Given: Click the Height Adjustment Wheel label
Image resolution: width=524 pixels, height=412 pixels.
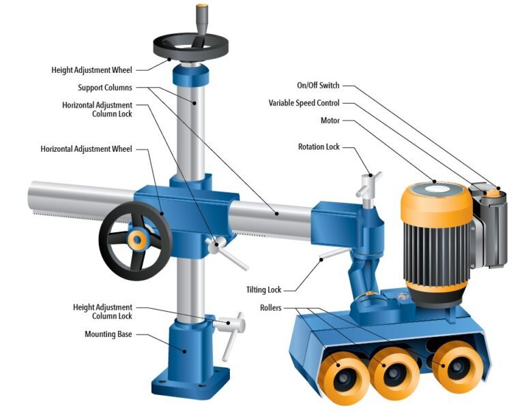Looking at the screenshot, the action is pos(91,70).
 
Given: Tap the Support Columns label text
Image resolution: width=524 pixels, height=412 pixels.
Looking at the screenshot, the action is pos(105,88).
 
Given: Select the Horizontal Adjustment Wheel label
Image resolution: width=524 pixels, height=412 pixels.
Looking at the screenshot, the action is pos(86,148).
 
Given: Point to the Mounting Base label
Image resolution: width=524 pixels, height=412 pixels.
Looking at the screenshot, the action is pos(108,334).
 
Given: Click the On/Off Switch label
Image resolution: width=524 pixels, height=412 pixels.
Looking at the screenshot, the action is pos(318,85).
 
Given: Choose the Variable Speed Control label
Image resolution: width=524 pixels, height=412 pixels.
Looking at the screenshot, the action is pos(304,103).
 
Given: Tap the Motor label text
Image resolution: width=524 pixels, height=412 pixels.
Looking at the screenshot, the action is pos(330,121).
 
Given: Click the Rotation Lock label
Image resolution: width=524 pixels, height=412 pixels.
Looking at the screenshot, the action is pos(319,147).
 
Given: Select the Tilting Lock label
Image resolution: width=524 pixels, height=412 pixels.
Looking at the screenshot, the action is pos(264,290).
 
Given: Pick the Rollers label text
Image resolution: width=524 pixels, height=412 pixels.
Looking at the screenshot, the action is pos(271,308).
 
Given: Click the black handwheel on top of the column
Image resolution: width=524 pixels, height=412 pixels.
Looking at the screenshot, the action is pos(191,47).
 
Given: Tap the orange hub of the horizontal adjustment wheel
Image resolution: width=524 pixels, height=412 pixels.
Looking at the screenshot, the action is pos(137,239).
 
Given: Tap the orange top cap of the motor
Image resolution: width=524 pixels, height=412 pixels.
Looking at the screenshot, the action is pos(437,200).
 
